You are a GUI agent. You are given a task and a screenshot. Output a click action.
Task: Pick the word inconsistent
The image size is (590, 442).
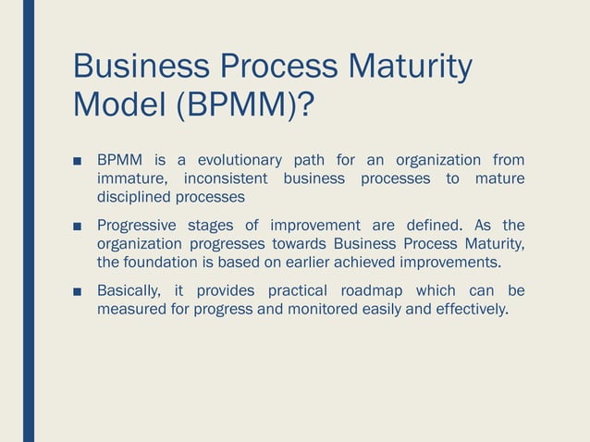[226, 178]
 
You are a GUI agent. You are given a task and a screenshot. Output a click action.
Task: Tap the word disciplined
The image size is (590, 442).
[135, 197]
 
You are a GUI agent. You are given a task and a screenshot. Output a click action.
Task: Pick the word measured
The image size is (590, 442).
[129, 309]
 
